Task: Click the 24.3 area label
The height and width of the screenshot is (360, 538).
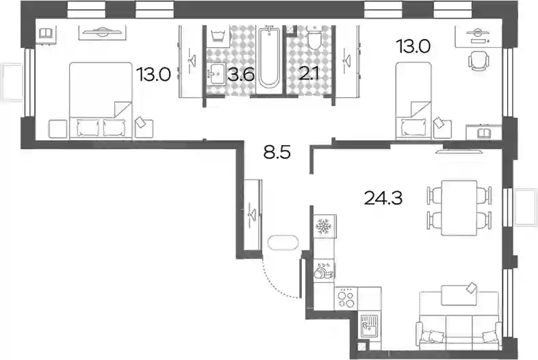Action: [x=383, y=198]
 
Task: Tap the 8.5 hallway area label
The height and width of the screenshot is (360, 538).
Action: [x=277, y=152]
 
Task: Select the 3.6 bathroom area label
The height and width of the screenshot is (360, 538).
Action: [x=241, y=74]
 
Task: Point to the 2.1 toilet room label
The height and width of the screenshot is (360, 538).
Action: [x=309, y=74]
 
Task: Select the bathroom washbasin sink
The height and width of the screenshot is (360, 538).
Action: [x=216, y=73]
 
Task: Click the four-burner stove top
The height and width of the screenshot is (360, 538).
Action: [x=346, y=298]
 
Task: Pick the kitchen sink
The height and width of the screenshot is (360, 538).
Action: [x=369, y=326]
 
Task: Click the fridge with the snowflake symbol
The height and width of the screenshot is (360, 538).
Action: [x=324, y=226]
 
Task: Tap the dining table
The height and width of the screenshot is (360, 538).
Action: [x=459, y=207]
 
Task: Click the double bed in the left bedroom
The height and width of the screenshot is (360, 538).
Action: [x=101, y=101]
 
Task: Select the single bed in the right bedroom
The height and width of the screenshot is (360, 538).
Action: [x=413, y=101]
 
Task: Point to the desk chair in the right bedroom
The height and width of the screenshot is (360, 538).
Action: [x=479, y=61]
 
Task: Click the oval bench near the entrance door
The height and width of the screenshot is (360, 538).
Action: [x=283, y=243]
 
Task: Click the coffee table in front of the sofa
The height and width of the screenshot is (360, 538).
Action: [x=459, y=295]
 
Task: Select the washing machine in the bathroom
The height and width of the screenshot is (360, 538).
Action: [x=218, y=36]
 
